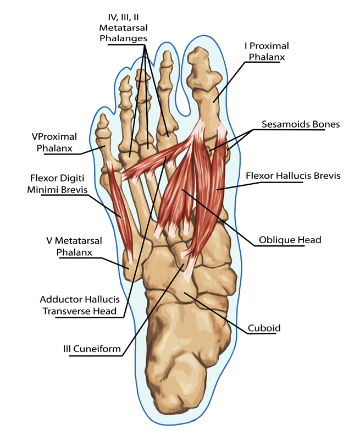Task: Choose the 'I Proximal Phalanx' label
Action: click(267, 51)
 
